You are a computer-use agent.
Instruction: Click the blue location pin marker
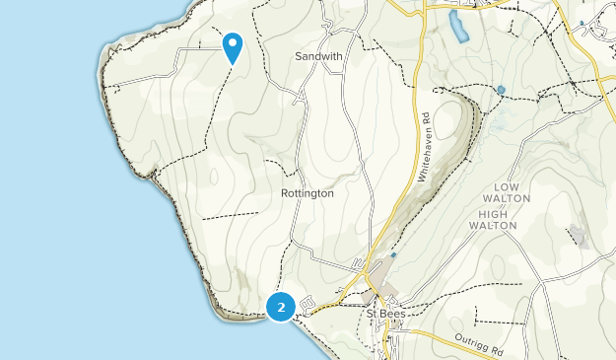pyautogui.click(x=233, y=46)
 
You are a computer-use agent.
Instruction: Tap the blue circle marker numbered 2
pyautogui.click(x=282, y=308)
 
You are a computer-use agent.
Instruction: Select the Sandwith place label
pyautogui.click(x=318, y=56)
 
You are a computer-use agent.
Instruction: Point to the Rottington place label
pyautogui.click(x=308, y=193)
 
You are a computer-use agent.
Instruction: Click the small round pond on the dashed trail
pyautogui.click(x=501, y=90)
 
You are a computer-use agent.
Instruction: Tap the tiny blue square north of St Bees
pyautogui.click(x=393, y=255)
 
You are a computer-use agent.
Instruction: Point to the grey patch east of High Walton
pyautogui.click(x=577, y=236)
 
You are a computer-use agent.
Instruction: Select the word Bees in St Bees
pyautogui.click(x=392, y=314)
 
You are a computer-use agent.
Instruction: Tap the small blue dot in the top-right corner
pyautogui.click(x=582, y=22)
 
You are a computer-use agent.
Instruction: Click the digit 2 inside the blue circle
pyautogui.click(x=282, y=308)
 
